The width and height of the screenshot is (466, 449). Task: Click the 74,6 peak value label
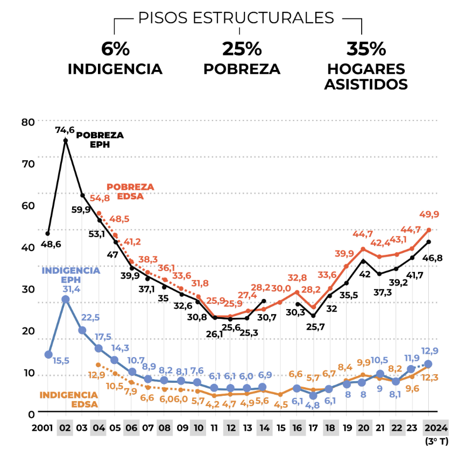click(66, 130)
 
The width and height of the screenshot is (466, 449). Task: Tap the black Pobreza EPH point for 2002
click(66, 140)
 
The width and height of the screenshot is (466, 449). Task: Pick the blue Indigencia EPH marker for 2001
click(48, 354)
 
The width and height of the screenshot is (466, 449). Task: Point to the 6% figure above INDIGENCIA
click(115, 49)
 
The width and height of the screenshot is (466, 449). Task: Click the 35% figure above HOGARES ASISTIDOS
click(366, 49)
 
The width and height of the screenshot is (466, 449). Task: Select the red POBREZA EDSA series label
click(130, 191)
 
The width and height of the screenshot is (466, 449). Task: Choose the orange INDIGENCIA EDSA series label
click(69, 400)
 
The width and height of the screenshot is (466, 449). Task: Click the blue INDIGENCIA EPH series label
click(71, 274)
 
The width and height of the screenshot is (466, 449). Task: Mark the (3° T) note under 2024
click(436, 441)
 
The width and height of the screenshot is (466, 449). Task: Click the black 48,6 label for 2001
click(50, 244)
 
